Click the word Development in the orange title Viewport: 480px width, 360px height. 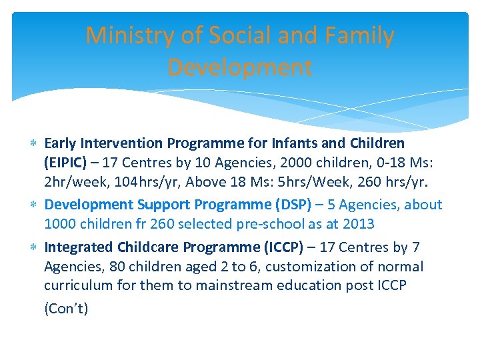239,67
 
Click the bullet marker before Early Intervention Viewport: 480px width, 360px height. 34,143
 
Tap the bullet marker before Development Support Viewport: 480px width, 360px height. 34,205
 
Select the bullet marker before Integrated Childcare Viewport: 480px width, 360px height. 34,247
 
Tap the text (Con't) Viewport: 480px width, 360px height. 66,309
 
